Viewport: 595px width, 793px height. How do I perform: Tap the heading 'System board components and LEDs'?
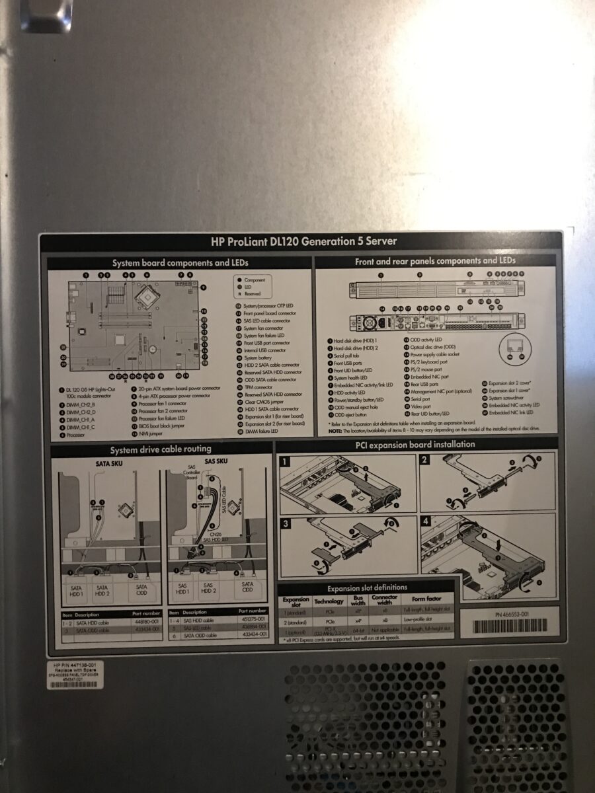tap(180, 263)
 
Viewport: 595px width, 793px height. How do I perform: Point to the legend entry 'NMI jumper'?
tap(150, 434)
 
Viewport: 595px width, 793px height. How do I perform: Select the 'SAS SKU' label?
tap(216, 461)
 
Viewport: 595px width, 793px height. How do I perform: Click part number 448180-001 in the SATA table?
tap(146, 622)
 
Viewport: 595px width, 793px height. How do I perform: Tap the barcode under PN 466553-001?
tap(511, 625)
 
